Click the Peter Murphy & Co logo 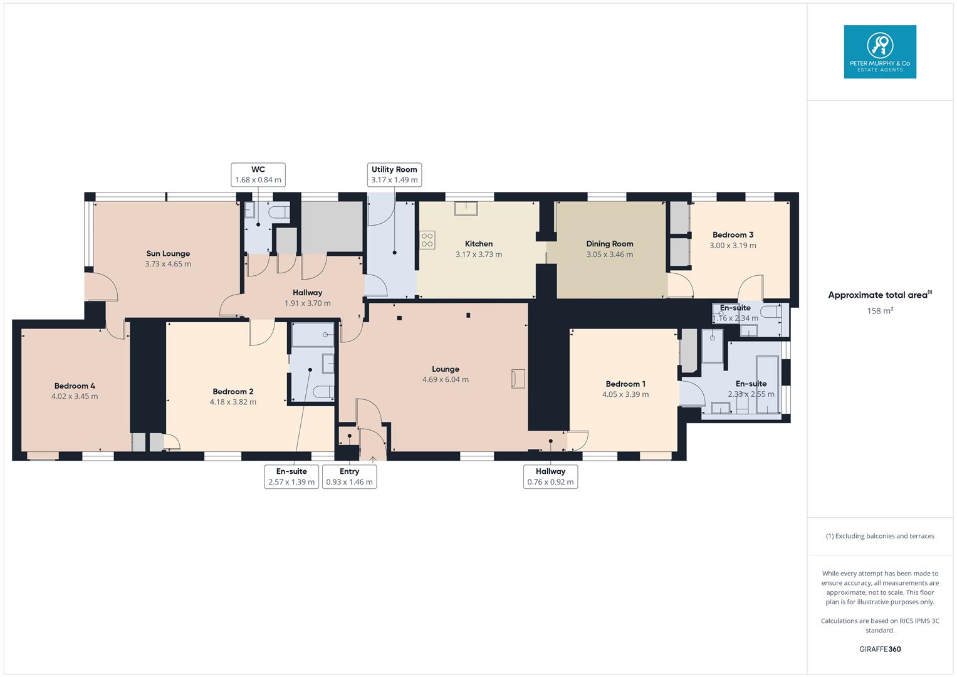coord(879,51)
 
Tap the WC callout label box coord(258,175)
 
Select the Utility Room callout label coord(394,175)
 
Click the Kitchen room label coord(478,244)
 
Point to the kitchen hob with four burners coord(427,239)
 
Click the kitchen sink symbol coord(466,208)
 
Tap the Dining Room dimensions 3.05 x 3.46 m coord(609,255)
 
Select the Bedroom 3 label coord(733,235)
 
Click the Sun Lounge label coord(168,254)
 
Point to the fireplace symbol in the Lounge coord(518,379)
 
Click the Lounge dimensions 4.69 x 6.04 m coord(445,379)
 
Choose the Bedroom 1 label coord(625,384)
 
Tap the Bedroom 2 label coord(233,392)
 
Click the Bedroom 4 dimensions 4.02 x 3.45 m coord(75,396)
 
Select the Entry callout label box coord(349,476)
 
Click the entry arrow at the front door coord(373,459)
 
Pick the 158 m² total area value coord(879,311)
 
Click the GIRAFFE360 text coord(879,649)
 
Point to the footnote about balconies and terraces coord(879,536)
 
